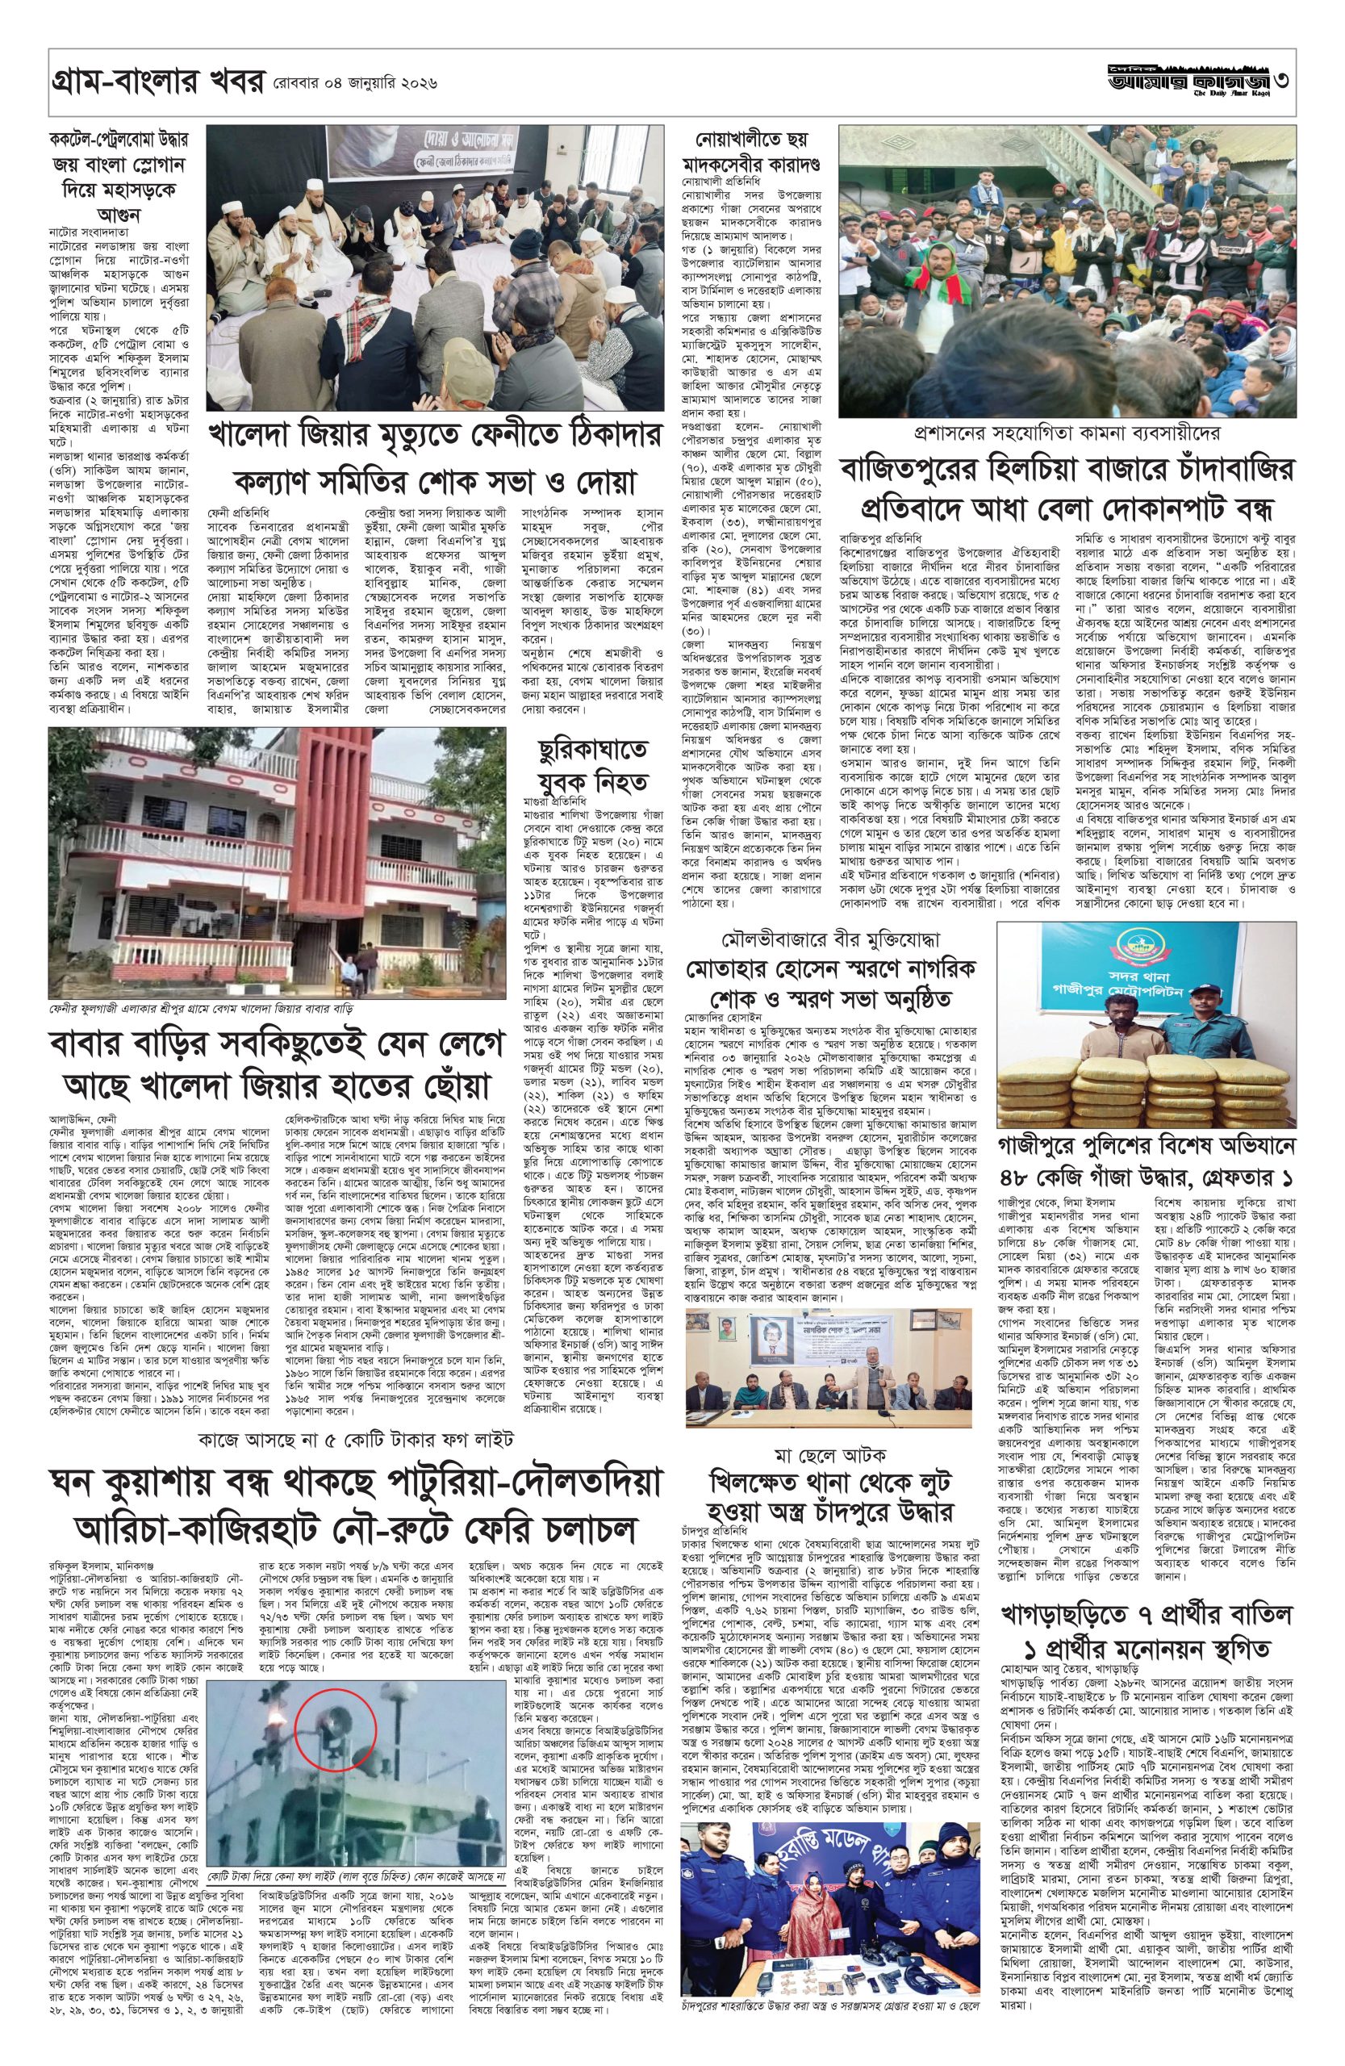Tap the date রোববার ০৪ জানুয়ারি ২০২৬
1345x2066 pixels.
point(353,85)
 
